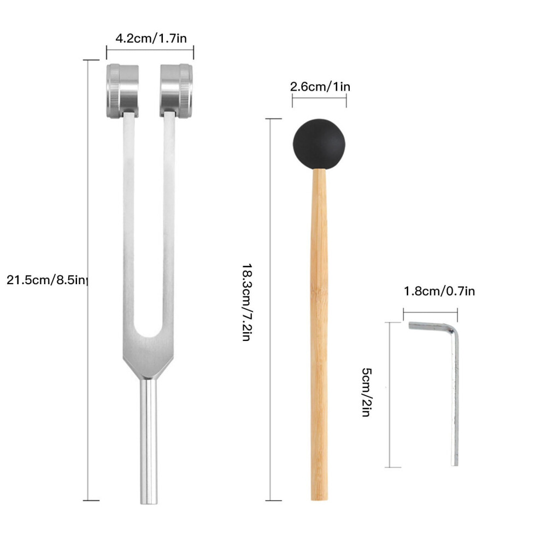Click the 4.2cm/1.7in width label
(x=151, y=38)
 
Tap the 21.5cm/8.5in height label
(x=46, y=280)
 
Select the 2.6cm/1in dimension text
(x=320, y=86)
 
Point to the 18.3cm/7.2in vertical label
(x=247, y=302)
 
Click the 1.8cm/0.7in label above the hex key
(x=439, y=291)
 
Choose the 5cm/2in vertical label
(x=367, y=392)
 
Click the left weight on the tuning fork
(x=122, y=91)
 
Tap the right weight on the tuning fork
(x=177, y=90)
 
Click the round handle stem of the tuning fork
(x=149, y=441)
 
